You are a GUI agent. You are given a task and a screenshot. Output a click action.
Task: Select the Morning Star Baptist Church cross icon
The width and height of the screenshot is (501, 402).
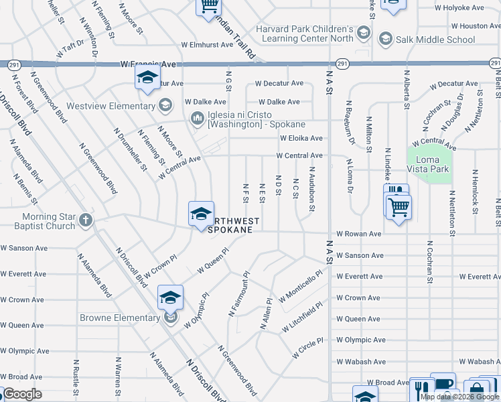(85, 220)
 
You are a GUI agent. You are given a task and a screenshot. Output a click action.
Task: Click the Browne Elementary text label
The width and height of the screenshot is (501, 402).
(119, 317)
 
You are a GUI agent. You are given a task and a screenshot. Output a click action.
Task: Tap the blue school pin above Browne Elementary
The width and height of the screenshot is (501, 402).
(170, 296)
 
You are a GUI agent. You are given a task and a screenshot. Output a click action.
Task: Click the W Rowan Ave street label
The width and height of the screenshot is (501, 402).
(358, 234)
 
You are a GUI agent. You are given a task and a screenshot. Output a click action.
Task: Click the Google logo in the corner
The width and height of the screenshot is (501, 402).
(21, 394)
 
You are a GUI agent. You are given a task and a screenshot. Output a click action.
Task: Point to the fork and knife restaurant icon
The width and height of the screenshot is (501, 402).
(421, 388)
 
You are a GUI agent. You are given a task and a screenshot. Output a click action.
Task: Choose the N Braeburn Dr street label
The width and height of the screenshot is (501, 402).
(349, 123)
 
